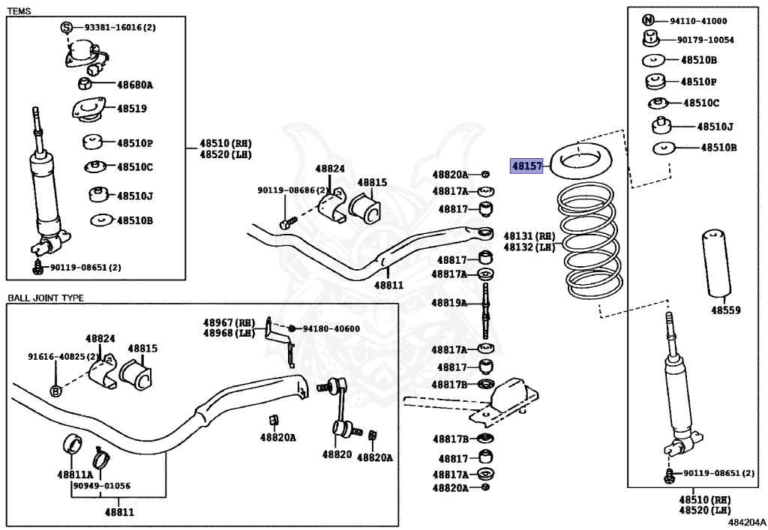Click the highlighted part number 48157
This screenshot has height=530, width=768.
click(527, 166)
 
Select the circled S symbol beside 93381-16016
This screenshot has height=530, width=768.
click(67, 28)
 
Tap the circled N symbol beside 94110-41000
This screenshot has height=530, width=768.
click(648, 20)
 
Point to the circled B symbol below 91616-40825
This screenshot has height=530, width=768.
click(56, 391)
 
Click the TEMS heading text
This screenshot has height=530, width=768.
click(19, 10)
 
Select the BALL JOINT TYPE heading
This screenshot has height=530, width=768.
click(46, 298)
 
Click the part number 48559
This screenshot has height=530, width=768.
click(726, 310)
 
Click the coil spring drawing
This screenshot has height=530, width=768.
click(590, 241)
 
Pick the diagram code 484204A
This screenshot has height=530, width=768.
click(746, 523)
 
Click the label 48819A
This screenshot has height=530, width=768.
click(449, 303)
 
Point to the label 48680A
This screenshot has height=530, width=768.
click(135, 85)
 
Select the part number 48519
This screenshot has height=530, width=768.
click(132, 109)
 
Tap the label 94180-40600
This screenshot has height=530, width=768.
click(331, 329)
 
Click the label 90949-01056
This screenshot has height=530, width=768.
click(102, 486)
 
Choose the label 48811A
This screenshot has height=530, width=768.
click(75, 475)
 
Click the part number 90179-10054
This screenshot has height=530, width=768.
click(705, 40)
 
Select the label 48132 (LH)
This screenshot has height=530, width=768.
click(529, 247)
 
